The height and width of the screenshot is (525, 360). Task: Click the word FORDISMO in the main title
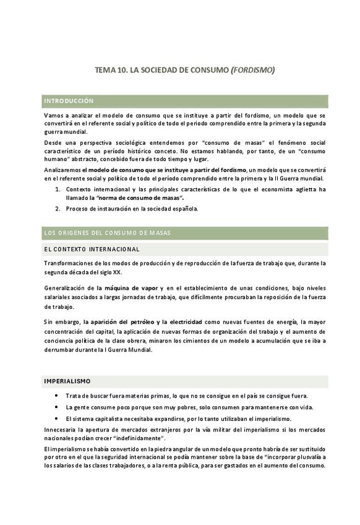[x=252, y=71]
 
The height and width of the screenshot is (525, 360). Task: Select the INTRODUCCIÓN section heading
[x=68, y=100]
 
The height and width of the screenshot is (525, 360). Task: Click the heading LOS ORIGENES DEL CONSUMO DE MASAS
[x=107, y=232]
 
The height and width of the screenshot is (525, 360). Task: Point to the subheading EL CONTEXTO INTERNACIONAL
[x=92, y=249]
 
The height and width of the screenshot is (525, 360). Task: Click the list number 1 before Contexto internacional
[x=58, y=189]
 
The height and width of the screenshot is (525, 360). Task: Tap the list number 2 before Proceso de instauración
[x=58, y=209]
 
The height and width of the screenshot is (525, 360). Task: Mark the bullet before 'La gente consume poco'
[x=58, y=407]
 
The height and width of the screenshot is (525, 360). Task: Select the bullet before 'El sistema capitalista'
[x=58, y=418]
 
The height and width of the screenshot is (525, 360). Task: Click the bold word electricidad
[x=182, y=322]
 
